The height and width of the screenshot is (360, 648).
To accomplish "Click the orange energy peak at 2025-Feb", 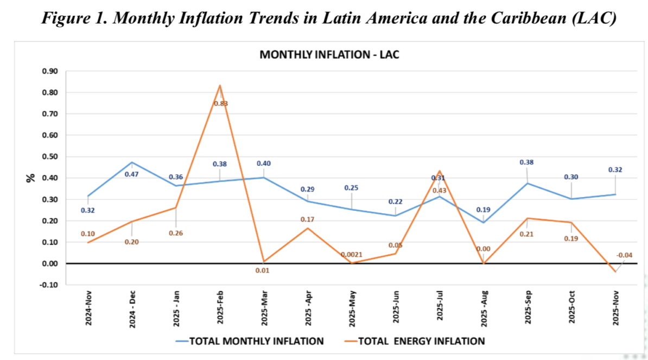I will (220, 85).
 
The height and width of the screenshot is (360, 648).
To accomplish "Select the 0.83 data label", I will (220, 103).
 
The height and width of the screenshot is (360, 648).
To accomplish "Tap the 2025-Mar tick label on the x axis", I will (264, 310).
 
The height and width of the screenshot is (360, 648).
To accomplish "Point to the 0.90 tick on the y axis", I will (50, 71).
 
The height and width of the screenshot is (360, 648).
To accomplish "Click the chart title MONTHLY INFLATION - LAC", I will (329, 55).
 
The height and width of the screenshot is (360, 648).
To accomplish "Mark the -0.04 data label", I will (624, 255).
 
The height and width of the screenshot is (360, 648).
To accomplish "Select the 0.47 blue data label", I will (132, 174).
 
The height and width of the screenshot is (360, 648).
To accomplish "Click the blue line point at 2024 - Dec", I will (132, 162).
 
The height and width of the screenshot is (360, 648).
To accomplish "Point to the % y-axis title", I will (31, 178).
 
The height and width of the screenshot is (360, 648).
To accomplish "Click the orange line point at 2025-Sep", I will (527, 218).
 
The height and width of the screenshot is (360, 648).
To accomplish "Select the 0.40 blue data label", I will (264, 163).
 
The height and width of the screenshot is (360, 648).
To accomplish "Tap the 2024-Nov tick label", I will (88, 310).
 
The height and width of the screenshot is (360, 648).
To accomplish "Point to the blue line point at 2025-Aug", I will (483, 223).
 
